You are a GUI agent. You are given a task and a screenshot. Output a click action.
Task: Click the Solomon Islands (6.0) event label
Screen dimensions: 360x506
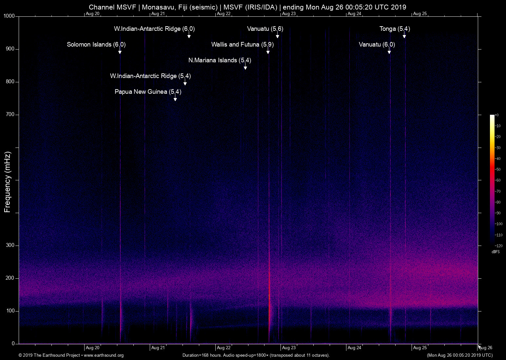tap(96, 45)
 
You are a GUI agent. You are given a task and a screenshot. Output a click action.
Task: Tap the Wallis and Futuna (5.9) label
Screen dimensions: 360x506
tap(242, 45)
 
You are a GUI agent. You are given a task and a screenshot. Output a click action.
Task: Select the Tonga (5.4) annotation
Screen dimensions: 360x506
tap(395, 29)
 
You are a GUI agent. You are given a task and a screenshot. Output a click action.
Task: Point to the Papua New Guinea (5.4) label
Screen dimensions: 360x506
tap(148, 92)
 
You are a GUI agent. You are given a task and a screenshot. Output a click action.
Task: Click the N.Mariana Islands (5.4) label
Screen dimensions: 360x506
tap(220, 60)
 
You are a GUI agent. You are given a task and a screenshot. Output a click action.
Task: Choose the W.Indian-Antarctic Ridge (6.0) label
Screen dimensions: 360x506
tap(154, 29)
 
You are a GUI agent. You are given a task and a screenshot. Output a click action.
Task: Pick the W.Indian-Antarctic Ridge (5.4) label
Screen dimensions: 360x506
tap(150, 76)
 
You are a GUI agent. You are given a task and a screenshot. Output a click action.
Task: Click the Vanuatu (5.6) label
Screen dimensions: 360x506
tap(265, 29)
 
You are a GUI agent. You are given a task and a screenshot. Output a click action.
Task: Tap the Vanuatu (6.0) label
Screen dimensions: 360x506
tap(377, 45)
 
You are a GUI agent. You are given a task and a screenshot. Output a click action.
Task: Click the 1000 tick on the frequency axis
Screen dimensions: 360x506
tap(9, 16)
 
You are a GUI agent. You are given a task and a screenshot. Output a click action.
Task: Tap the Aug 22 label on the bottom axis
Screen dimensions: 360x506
tap(224, 348)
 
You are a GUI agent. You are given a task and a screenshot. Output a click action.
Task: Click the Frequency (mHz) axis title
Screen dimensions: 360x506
tap(8, 182)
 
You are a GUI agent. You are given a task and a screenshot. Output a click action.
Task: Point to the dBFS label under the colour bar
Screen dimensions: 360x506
tap(496, 252)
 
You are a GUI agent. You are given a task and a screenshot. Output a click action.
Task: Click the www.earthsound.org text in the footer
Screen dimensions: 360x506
tap(104, 355)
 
